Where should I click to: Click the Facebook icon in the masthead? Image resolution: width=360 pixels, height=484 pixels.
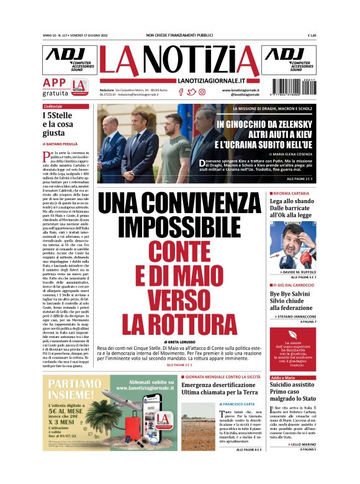181,92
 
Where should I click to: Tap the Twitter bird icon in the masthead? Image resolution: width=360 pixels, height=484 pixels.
191,92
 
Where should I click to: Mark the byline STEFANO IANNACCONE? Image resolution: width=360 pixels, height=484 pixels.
295,316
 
